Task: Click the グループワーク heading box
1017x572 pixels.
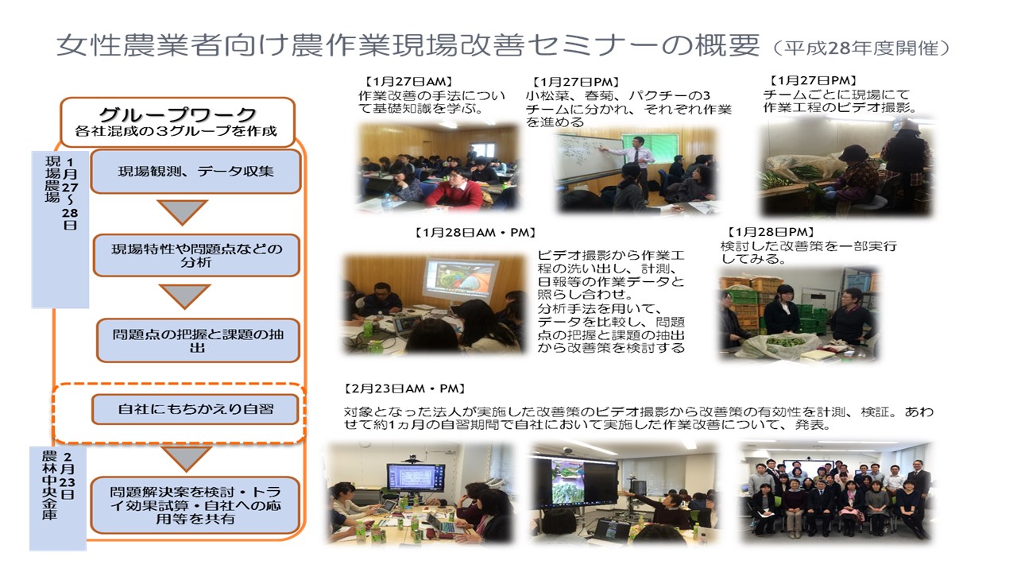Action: pyautogui.click(x=177, y=122)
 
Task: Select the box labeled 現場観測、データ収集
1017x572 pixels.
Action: pyautogui.click(x=195, y=172)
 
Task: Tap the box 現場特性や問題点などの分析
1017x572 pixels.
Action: pyautogui.click(x=196, y=255)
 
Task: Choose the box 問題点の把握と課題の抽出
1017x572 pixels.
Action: pyautogui.click(x=198, y=341)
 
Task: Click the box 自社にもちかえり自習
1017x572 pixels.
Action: pyautogui.click(x=195, y=409)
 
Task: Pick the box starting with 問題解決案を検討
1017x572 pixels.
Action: pyautogui.click(x=195, y=504)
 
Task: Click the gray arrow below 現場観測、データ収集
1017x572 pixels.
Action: pyautogui.click(x=183, y=212)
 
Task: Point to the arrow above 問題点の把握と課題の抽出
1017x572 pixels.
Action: pyautogui.click(x=185, y=297)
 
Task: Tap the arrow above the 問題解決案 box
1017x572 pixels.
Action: pyautogui.click(x=186, y=458)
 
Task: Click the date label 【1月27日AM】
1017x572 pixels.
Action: pyautogui.click(x=408, y=82)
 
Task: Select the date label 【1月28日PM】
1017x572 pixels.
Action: pyautogui.click(x=770, y=233)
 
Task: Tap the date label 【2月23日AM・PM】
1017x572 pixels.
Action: pyautogui.click(x=404, y=389)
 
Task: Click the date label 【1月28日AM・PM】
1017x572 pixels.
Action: pyautogui.click(x=475, y=233)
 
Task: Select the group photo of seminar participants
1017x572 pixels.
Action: pyautogui.click(x=836, y=493)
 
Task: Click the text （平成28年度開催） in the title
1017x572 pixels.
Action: pyautogui.click(x=860, y=48)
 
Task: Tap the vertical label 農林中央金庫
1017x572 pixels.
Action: pyautogui.click(x=49, y=485)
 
